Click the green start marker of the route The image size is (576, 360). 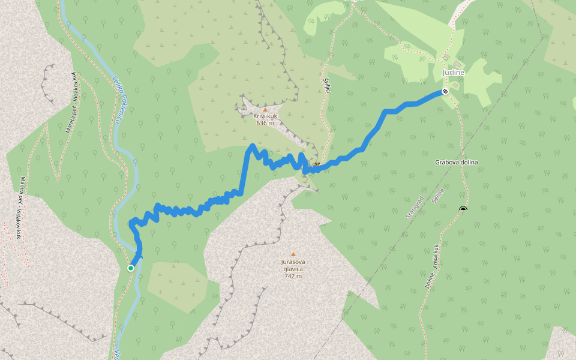(x=131, y=268)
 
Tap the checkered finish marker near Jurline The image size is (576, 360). (x=445, y=91)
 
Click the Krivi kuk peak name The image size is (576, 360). (x=265, y=116)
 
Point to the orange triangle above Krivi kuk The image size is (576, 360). (x=265, y=110)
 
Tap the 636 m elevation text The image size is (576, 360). (x=265, y=123)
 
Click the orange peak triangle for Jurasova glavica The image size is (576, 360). (x=293, y=254)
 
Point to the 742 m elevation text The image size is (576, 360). (x=293, y=276)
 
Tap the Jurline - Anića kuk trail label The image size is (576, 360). (x=433, y=267)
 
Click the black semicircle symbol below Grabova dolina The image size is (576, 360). (x=463, y=208)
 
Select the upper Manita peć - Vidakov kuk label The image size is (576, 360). (x=73, y=102)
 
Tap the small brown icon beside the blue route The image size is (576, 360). (x=316, y=164)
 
